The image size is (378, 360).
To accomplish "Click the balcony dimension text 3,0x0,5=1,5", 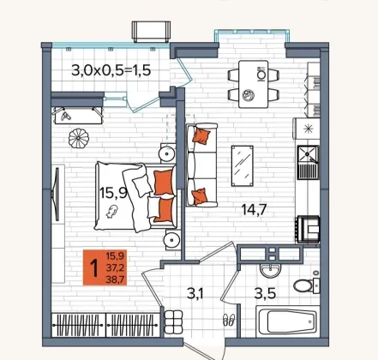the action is point(111,70).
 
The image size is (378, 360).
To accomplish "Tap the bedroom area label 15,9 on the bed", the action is point(113,193).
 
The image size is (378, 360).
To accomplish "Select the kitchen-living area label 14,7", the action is point(254,209).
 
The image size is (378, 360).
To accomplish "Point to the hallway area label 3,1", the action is point(195,293).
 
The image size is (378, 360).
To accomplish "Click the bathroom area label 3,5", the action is point(265,293).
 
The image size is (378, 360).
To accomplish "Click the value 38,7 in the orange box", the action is point(115,279).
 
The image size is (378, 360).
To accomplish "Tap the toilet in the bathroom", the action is point(306,285).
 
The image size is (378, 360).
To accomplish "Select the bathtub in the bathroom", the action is point(288,321).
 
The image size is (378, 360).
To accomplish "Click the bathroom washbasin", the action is point(270,270).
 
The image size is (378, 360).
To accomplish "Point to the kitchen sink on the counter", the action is point(308,162).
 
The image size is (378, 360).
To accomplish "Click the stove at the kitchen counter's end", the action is point(308,229).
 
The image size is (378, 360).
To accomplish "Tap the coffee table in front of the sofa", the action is point(243,165).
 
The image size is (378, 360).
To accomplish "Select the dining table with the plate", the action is point(253,84).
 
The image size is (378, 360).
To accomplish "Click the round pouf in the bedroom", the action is point(79,138).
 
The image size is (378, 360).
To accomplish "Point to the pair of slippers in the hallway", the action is point(229,320).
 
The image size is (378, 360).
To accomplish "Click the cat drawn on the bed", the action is point(111,211).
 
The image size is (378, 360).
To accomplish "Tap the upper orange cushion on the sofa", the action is point(201,135).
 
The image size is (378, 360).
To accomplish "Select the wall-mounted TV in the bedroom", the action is point(57,195).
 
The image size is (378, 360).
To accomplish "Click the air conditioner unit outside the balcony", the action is point(151,32).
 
